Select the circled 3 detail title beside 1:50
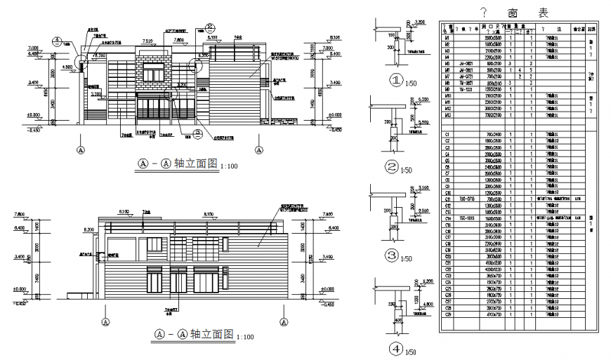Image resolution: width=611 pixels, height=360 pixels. (x=393, y=255)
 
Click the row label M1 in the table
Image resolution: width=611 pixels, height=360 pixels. (x=447, y=37)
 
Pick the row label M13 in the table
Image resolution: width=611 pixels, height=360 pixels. (x=447, y=114)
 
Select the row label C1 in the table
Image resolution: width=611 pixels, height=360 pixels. (x=447, y=134)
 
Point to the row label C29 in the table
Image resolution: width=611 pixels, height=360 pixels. (x=447, y=314)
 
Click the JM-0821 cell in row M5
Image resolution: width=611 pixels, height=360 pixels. (x=465, y=63)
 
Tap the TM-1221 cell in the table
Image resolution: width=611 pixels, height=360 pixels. (x=465, y=89)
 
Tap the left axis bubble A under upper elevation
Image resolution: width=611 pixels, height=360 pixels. (x=81, y=149)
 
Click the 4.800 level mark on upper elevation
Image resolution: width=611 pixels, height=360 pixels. (x=68, y=67)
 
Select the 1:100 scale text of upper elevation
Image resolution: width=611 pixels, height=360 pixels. (x=229, y=166)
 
